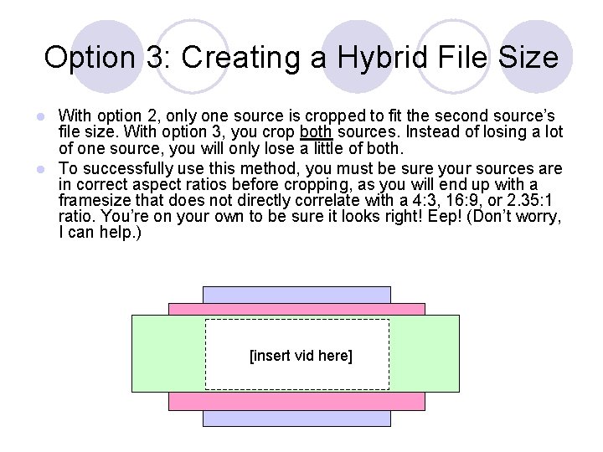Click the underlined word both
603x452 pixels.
click(x=316, y=132)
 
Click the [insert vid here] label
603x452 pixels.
click(x=301, y=357)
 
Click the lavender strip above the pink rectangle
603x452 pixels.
click(x=296, y=295)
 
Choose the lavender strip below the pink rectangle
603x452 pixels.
click(x=296, y=418)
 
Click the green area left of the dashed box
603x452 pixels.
click(x=167, y=353)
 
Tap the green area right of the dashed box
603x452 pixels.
click(x=425, y=353)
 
